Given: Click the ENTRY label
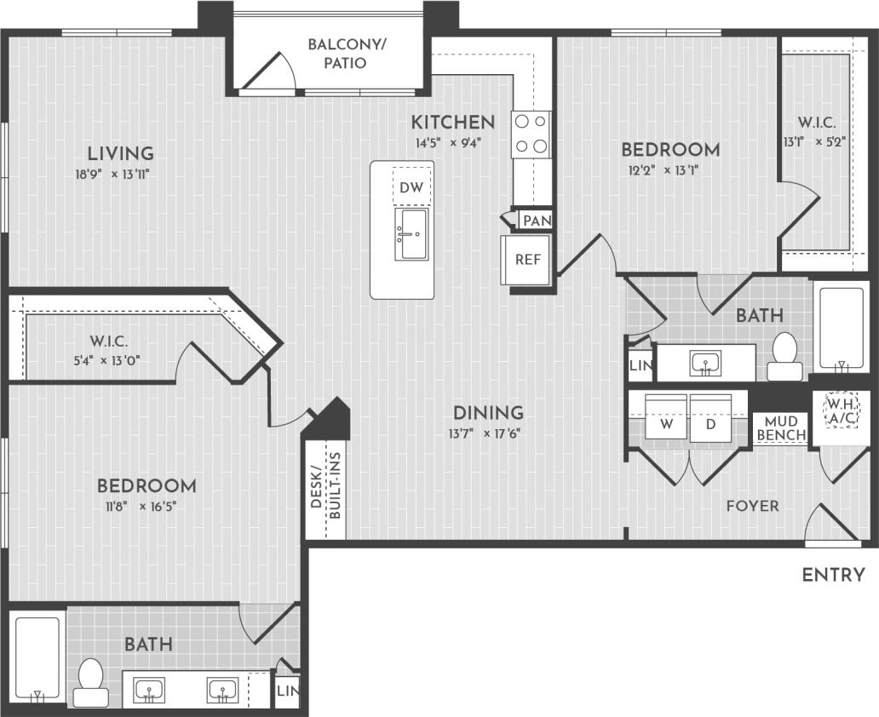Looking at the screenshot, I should (x=833, y=575).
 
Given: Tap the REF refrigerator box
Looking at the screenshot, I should (x=527, y=260).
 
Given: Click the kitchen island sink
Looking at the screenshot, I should (x=411, y=233).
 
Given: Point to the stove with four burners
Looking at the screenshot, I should (x=531, y=135).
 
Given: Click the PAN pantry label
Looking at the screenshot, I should (x=537, y=221).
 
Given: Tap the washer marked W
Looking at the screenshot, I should (x=666, y=423).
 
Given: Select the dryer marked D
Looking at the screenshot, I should (x=710, y=423).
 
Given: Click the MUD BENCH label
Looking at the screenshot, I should (x=781, y=428).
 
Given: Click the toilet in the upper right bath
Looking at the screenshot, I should (x=784, y=356).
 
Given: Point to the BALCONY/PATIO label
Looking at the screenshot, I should (x=347, y=53).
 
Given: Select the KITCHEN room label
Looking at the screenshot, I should (x=452, y=122).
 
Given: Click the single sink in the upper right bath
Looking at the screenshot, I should (x=705, y=363).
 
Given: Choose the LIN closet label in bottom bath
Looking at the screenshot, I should (x=286, y=691).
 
